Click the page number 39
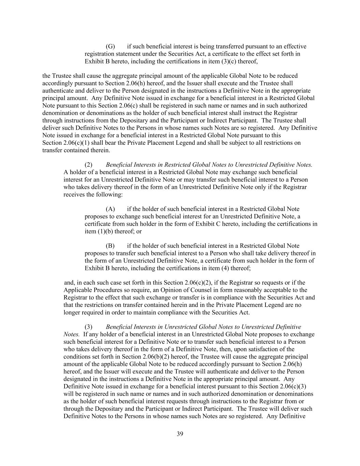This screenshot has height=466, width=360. pyautogui.click(x=180, y=434)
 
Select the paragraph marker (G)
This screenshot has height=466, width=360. pyautogui.click(x=110, y=46)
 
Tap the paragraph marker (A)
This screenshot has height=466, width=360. pyautogui.click(x=110, y=209)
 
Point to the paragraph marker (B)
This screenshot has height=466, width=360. pyautogui.click(x=110, y=246)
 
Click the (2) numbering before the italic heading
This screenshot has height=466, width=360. pyautogui.click(x=89, y=165)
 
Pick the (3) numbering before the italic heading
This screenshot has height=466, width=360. pyautogui.click(x=89, y=327)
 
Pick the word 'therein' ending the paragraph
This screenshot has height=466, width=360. pyautogui.click(x=100, y=150)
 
